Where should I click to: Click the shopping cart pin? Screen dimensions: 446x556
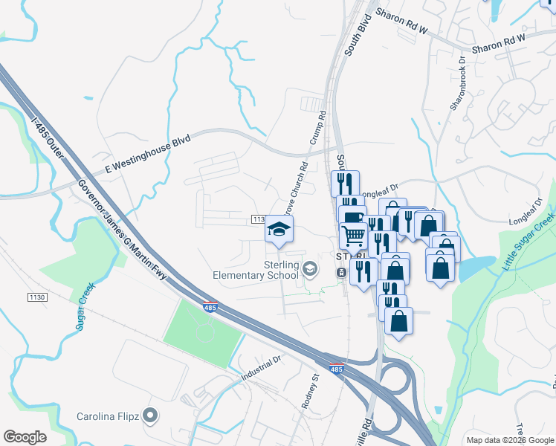pos(354,236)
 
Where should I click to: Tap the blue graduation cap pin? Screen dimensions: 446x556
pos(279,229)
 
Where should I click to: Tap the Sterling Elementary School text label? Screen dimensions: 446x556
pos(266,271)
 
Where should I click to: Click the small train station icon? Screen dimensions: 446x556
pos(340,274)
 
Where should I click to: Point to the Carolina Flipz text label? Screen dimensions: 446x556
pos(109,416)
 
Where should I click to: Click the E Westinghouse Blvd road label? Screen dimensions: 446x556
pos(148,155)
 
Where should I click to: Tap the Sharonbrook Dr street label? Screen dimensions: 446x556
pos(456,85)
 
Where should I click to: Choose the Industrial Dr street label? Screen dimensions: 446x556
pos(262,368)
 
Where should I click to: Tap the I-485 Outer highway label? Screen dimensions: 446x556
pos(49,136)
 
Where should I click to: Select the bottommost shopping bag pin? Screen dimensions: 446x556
pos(398,321)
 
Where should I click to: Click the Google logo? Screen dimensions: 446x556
pos(25,436)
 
